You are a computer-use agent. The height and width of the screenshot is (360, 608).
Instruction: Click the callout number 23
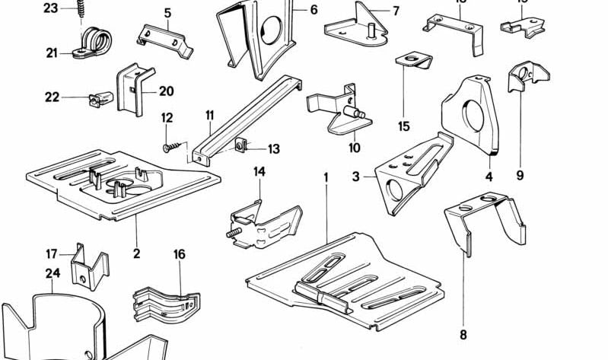50,8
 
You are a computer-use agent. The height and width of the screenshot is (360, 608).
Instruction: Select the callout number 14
259,171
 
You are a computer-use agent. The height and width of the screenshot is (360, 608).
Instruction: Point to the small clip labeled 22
98,98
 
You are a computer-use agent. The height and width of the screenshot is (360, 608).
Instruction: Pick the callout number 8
463,333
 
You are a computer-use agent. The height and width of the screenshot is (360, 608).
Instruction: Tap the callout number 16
180,253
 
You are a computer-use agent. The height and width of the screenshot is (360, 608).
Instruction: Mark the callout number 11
209,116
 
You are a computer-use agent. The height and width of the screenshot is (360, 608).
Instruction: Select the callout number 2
136,253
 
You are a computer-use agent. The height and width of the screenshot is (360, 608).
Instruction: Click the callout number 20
166,91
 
